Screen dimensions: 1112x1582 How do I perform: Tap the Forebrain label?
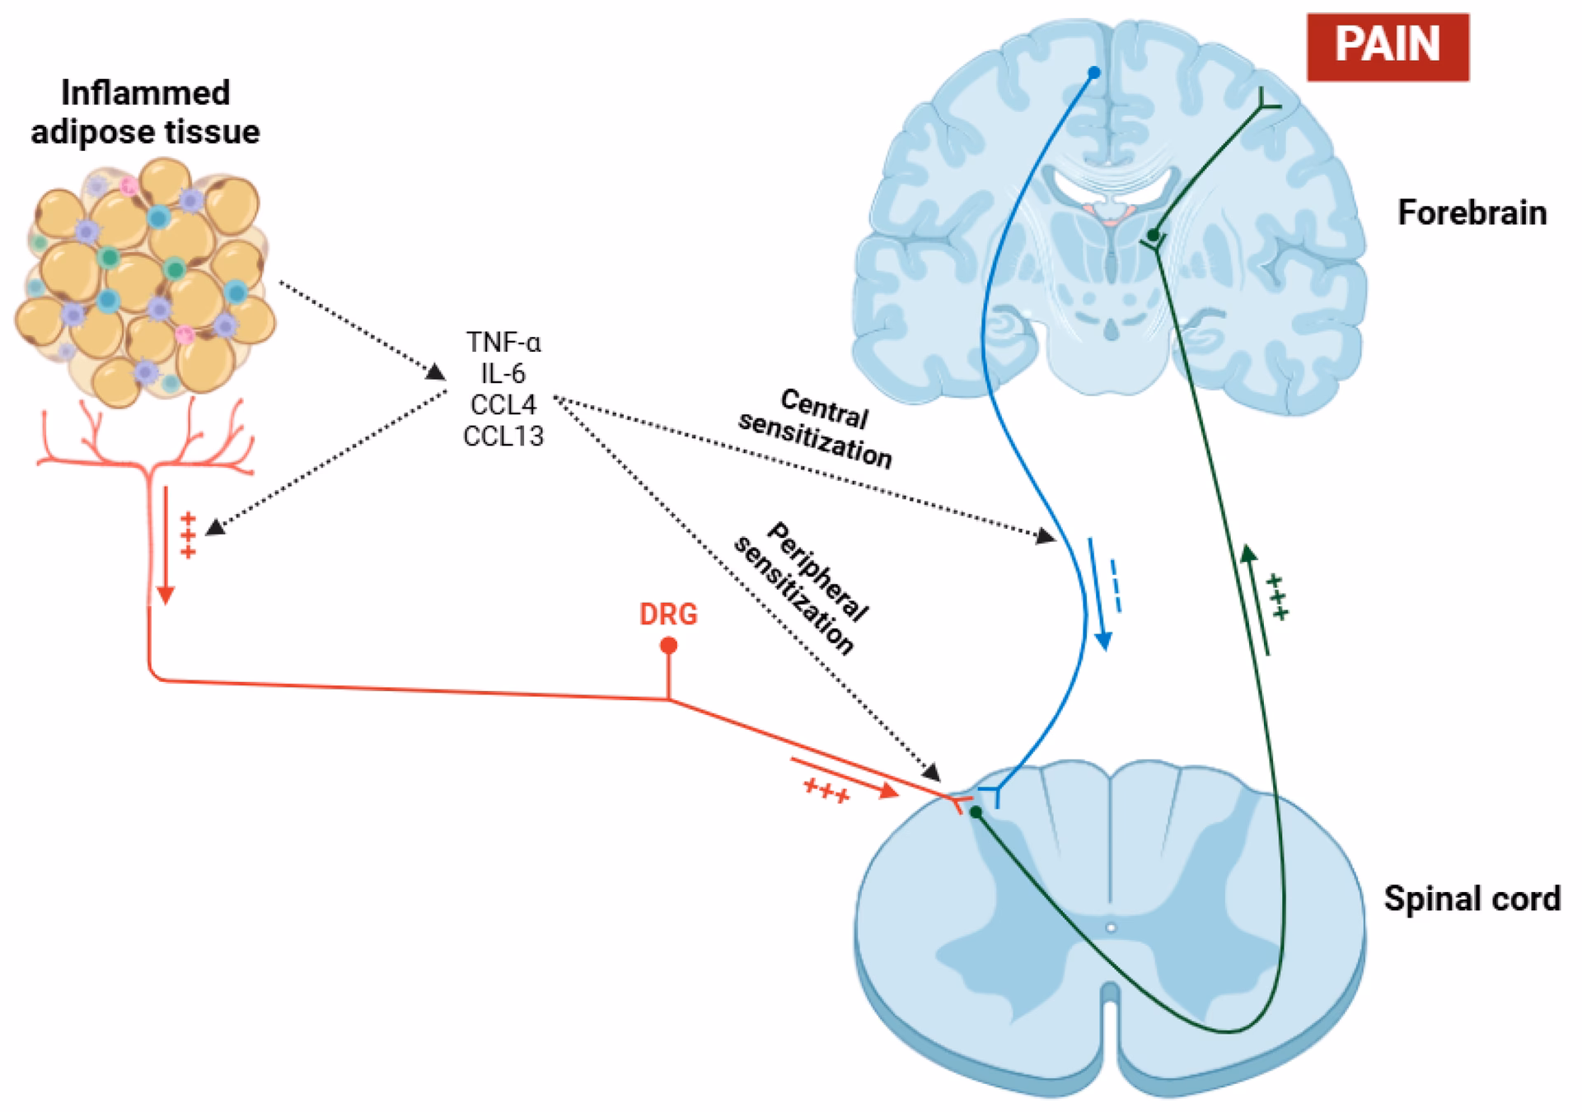pos(1472,213)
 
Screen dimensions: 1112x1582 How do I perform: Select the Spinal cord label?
pos(1472,898)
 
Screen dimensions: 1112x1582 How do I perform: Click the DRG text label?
pos(668,614)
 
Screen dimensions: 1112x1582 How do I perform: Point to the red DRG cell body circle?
pos(669,645)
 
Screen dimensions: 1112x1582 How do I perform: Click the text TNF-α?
pos(503,342)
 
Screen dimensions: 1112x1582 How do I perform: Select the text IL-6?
pos(503,373)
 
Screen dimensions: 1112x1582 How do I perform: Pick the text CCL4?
pos(503,404)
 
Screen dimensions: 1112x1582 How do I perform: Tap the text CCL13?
pos(503,436)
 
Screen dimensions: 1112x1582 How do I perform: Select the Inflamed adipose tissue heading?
pos(146,112)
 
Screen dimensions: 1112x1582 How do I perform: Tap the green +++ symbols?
pos(1277,597)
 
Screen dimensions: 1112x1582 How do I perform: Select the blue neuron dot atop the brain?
pos(1094,72)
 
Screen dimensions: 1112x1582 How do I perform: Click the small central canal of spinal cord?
pos(1111,927)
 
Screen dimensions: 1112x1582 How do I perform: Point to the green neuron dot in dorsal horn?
pos(976,812)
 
